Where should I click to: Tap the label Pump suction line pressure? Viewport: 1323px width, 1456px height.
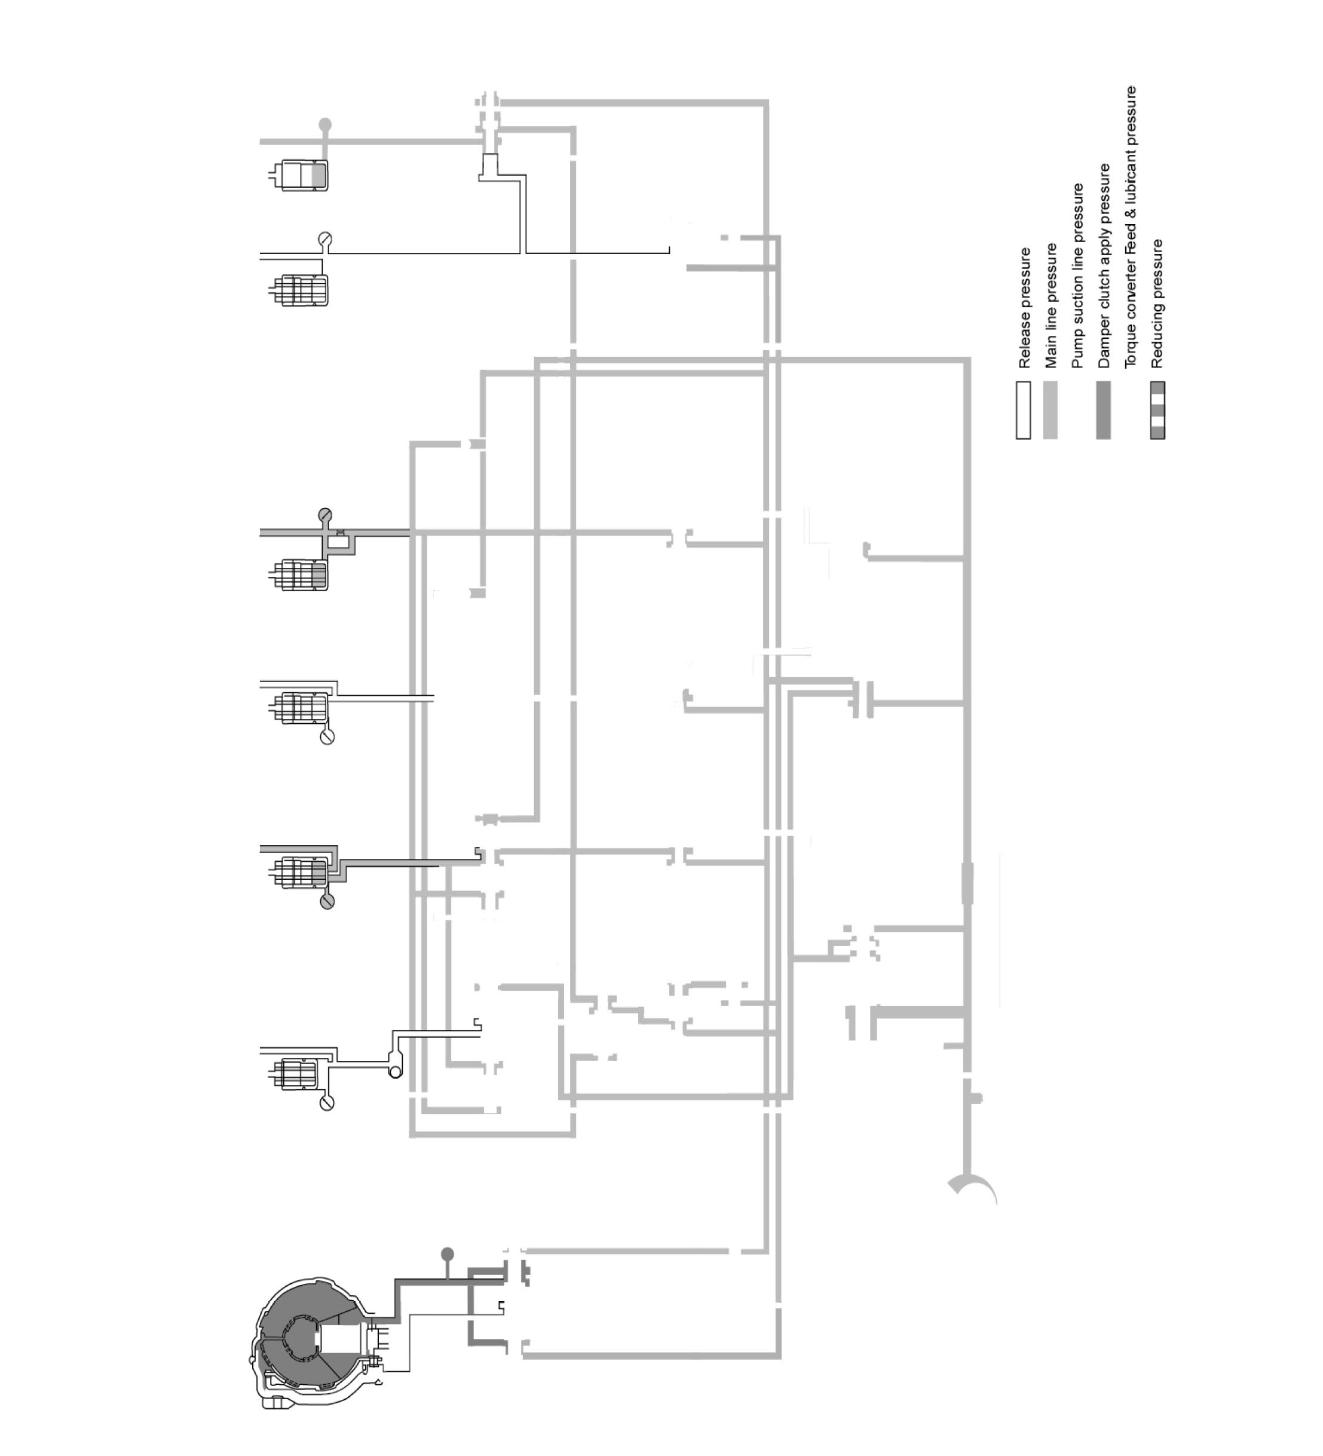pyautogui.click(x=1077, y=276)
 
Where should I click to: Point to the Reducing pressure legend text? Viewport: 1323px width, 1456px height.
pyautogui.click(x=1157, y=304)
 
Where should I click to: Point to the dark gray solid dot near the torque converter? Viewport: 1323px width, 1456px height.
pyautogui.click(x=447, y=1252)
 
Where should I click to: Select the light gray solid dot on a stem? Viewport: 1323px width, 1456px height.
pyautogui.click(x=325, y=124)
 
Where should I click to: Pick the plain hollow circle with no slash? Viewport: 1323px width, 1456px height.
pyautogui.click(x=395, y=1072)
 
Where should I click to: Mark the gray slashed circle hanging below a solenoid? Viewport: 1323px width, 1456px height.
pyautogui.click(x=327, y=902)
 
